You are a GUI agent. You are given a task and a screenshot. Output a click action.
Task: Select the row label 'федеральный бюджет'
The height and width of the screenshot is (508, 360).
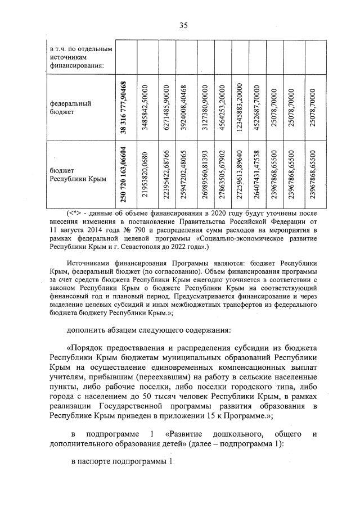click(x=70, y=107)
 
